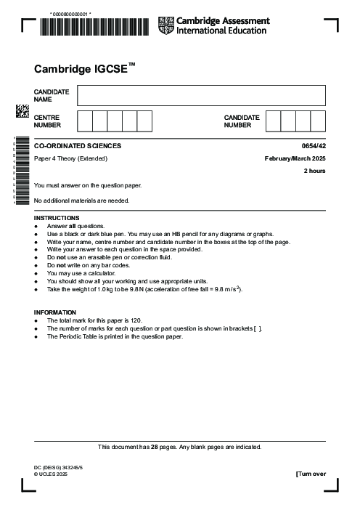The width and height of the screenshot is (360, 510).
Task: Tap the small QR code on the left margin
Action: [x=22, y=111]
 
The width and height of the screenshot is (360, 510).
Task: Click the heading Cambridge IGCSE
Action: [x=84, y=69]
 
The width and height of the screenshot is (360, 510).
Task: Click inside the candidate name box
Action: [x=201, y=95]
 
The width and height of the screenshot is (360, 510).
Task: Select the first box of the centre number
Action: [x=84, y=121]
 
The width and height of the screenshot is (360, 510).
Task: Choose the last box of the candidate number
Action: [x=318, y=121]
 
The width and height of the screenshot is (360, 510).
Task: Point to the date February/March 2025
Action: [x=295, y=158]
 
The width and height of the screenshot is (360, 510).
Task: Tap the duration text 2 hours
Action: [x=314, y=171]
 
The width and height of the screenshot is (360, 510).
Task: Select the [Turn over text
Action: [x=311, y=474]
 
